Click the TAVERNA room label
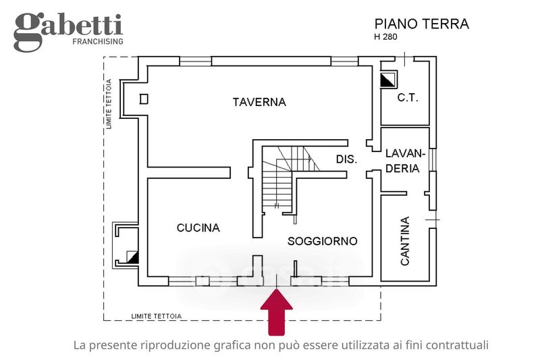[x=259, y=102]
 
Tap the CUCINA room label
[x=198, y=228]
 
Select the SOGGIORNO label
[x=323, y=241]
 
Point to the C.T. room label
[x=408, y=98]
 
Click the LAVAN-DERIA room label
[x=404, y=161]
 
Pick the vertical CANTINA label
[x=405, y=241]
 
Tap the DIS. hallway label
[x=346, y=159]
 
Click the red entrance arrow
[x=277, y=312]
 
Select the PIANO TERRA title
[x=421, y=24]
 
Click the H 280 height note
[x=385, y=37]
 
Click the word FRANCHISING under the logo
[x=98, y=41]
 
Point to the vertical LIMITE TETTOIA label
[x=109, y=104]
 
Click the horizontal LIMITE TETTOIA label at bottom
[x=157, y=316]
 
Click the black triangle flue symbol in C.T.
[x=389, y=80]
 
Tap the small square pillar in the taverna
[x=144, y=99]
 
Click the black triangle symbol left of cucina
[x=132, y=257]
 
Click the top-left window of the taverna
[x=195, y=61]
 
